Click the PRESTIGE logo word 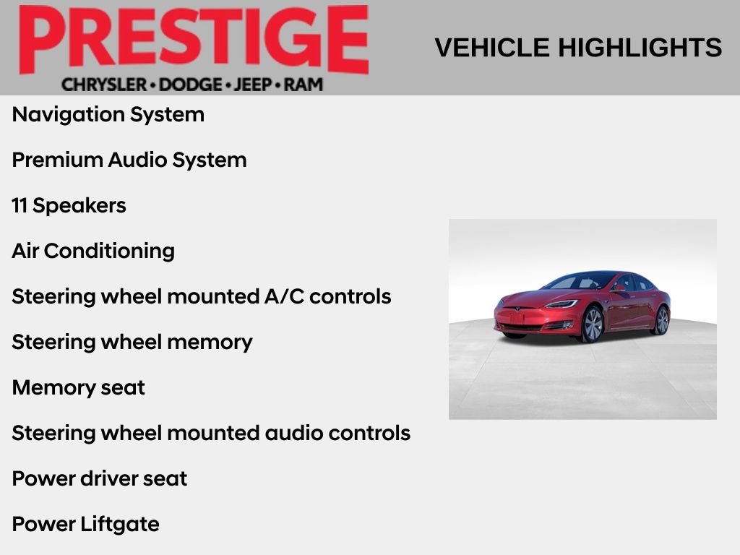194,40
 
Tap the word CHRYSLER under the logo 104,85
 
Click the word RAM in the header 304,85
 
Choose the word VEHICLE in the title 492,48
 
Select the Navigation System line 108,114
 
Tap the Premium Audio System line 129,160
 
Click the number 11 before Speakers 20,205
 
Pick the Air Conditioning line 93,251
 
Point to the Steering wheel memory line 132,342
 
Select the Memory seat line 79,387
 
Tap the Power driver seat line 100,478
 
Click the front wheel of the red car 592,324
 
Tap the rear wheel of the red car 661,320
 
